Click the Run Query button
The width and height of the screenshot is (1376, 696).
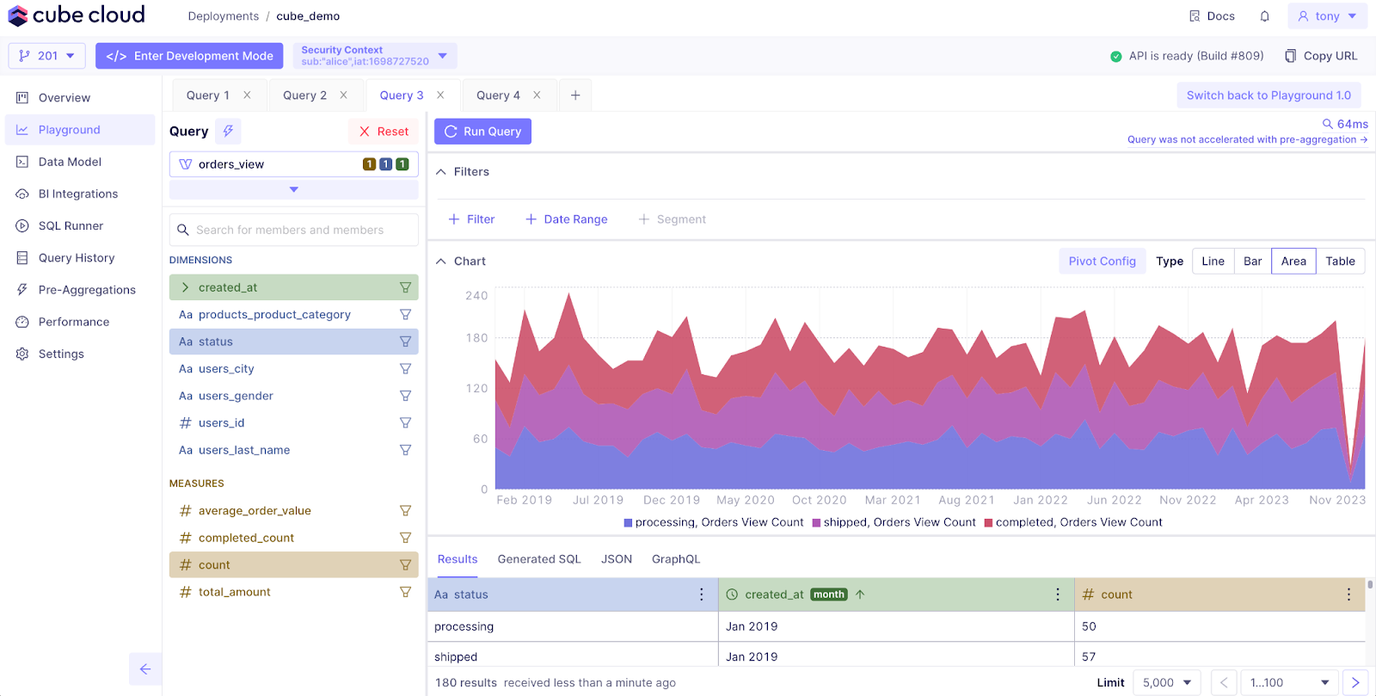pos(482,132)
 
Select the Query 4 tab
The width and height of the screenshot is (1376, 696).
pos(498,95)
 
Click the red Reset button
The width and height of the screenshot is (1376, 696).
pos(384,132)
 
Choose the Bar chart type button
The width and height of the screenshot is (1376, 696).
pos(1252,262)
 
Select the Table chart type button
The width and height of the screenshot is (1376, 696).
pos(1339,262)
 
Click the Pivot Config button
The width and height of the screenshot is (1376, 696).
pos(1102,262)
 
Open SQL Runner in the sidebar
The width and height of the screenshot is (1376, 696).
pos(71,226)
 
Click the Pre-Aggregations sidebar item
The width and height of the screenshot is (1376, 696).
pos(87,290)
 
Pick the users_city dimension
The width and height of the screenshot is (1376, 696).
pos(226,369)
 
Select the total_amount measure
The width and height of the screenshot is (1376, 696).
pos(234,592)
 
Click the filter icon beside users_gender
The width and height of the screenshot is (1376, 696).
pos(405,396)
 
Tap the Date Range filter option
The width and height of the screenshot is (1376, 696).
pos(567,219)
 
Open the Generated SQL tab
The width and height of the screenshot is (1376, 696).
pos(539,559)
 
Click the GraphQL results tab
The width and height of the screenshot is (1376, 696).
pos(675,559)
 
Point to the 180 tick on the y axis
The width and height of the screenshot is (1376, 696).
pos(476,338)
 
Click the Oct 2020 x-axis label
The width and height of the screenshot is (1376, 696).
pos(819,500)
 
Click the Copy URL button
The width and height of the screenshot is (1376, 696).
pos(1321,56)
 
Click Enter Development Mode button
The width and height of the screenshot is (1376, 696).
pos(189,56)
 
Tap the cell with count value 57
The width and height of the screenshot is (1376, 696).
pos(1089,656)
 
